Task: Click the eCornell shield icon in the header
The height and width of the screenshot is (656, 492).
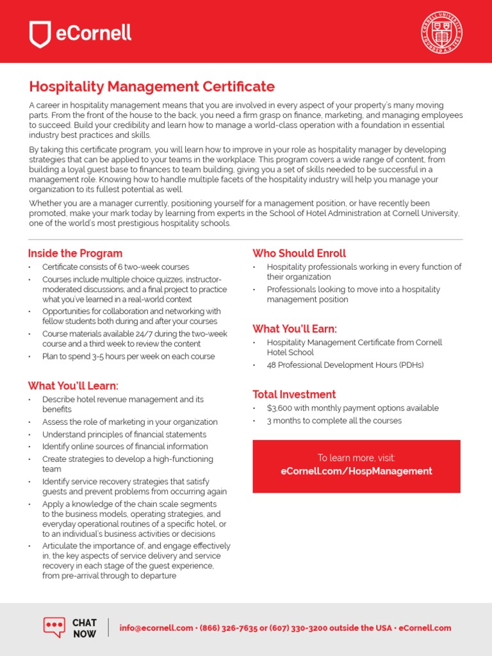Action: pyautogui.click(x=40, y=34)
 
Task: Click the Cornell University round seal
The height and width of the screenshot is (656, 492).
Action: pyautogui.click(x=442, y=32)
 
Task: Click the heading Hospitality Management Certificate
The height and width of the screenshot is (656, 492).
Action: pyautogui.click(x=152, y=86)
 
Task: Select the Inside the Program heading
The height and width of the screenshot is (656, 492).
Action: pyautogui.click(x=75, y=253)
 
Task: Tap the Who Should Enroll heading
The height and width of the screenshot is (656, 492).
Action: pyautogui.click(x=299, y=253)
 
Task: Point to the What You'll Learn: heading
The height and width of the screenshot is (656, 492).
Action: pyautogui.click(x=73, y=386)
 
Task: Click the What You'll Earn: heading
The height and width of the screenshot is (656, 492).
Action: pyautogui.click(x=295, y=329)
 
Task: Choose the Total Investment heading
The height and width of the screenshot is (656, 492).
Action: pyautogui.click(x=294, y=394)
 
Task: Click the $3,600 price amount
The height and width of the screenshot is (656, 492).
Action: pyautogui.click(x=281, y=408)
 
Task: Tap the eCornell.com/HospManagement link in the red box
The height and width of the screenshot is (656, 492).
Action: pyautogui.click(x=356, y=471)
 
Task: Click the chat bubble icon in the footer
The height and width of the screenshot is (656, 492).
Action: pyautogui.click(x=54, y=627)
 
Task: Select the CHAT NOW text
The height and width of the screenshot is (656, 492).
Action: pyautogui.click(x=85, y=628)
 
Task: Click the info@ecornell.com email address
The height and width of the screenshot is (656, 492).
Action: pyautogui.click(x=156, y=628)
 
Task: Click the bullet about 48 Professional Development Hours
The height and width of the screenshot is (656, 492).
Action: pyautogui.click(x=345, y=365)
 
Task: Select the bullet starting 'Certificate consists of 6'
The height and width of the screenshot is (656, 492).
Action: pyautogui.click(x=115, y=267)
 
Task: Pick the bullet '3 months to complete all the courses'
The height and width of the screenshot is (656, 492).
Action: pyautogui.click(x=334, y=421)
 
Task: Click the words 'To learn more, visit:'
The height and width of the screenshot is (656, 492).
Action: pyautogui.click(x=356, y=457)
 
